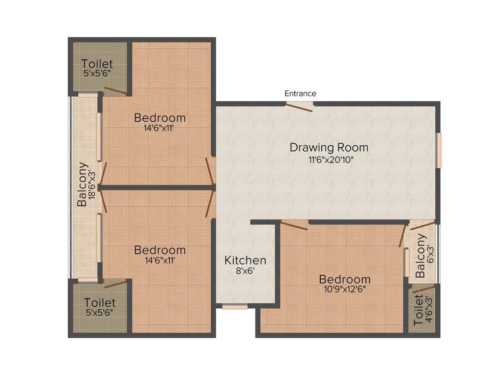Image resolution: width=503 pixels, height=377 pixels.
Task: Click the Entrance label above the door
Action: pyautogui.click(x=300, y=93)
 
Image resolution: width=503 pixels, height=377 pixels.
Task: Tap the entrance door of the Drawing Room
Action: pyautogui.click(x=299, y=107)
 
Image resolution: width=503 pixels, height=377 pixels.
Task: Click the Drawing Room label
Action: pyautogui.click(x=329, y=147)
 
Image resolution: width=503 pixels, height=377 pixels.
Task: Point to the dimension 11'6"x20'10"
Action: pyautogui.click(x=331, y=160)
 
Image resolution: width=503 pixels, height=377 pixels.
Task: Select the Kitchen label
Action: pyautogui.click(x=246, y=260)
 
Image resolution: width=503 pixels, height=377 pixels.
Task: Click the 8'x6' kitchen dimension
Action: pyautogui.click(x=246, y=271)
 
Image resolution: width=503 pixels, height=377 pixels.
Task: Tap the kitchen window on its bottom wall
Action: pyautogui.click(x=235, y=307)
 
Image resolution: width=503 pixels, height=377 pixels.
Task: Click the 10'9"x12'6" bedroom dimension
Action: pyautogui.click(x=345, y=290)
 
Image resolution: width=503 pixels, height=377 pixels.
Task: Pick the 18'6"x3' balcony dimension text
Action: pyautogui.click(x=92, y=185)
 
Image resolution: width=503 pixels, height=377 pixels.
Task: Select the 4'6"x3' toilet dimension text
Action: pyautogui.click(x=428, y=310)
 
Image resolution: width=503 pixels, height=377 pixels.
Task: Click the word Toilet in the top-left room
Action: pyautogui.click(x=97, y=64)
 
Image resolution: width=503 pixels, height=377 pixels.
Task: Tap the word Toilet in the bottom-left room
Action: pyautogui.click(x=99, y=302)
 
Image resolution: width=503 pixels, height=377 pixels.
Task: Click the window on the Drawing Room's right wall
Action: pyautogui.click(x=439, y=150)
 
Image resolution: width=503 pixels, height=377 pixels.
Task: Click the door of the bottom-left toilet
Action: pyautogui.click(x=115, y=283)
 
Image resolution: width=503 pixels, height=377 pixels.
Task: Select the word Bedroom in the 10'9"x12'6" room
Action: pyautogui.click(x=345, y=279)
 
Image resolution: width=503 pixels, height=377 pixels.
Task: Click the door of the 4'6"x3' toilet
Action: pyautogui.click(x=423, y=288)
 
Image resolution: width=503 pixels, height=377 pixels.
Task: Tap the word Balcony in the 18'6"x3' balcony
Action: pyautogui.click(x=82, y=185)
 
